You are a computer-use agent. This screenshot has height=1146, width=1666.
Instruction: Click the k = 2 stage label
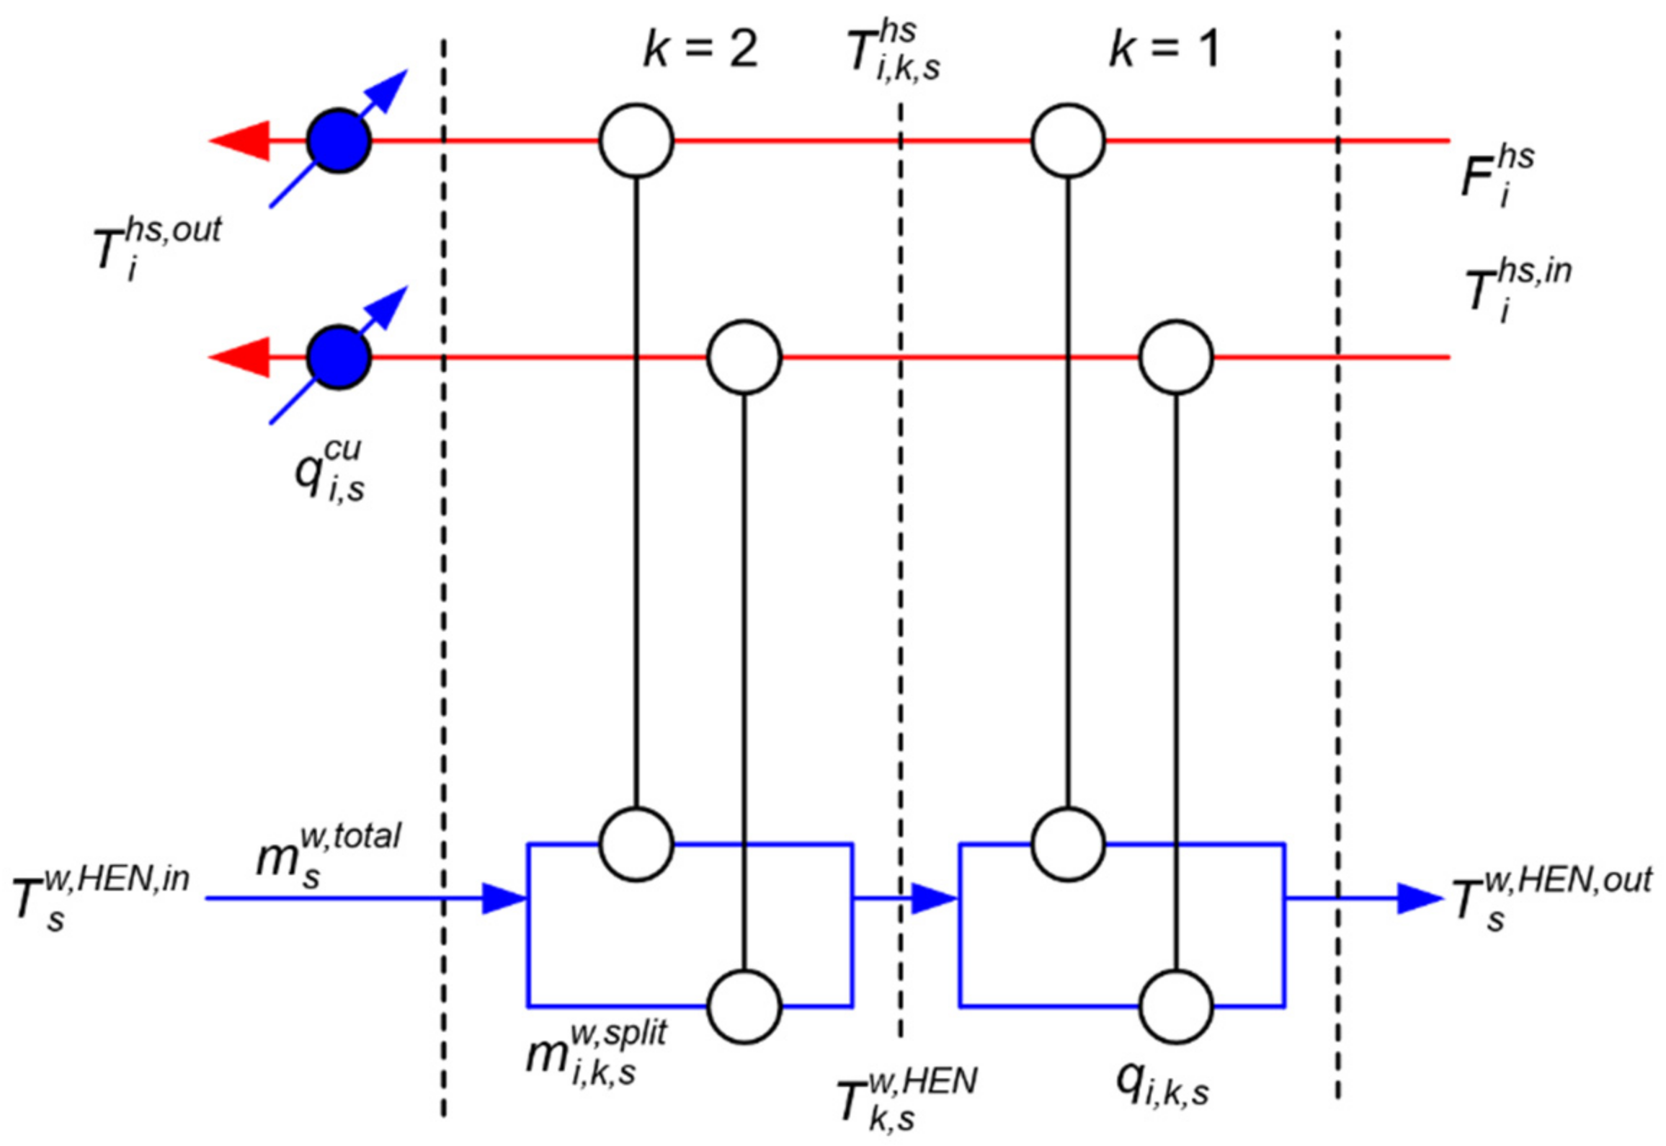click(x=700, y=50)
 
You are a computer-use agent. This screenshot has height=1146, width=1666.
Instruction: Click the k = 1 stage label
click(x=1163, y=50)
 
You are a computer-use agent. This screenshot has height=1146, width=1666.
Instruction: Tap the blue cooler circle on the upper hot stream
click(x=339, y=141)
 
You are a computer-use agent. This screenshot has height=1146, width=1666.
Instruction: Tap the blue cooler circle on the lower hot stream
click(x=339, y=357)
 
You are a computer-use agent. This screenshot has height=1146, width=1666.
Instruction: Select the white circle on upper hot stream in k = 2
click(x=636, y=141)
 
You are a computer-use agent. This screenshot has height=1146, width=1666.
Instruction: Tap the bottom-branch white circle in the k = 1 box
click(x=1176, y=1006)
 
